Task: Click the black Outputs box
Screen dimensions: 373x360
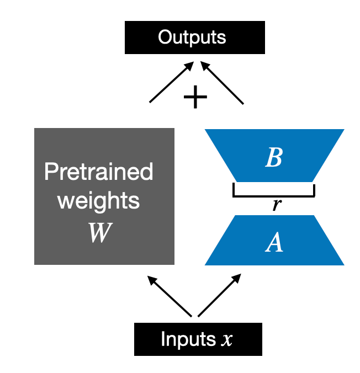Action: point(195,38)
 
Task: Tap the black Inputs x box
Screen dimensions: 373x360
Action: point(198,339)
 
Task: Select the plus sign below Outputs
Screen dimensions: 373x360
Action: point(195,98)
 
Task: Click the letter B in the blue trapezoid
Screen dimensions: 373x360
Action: point(274,158)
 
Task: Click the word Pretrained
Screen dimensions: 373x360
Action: point(99,173)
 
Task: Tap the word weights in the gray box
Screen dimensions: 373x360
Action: point(99,201)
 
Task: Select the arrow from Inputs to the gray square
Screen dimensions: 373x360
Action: point(169,296)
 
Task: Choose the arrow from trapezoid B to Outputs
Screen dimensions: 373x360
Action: point(223,83)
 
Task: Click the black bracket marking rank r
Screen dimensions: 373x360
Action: point(274,194)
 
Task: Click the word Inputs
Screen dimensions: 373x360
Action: point(186,339)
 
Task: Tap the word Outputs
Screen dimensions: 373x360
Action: point(192,38)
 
